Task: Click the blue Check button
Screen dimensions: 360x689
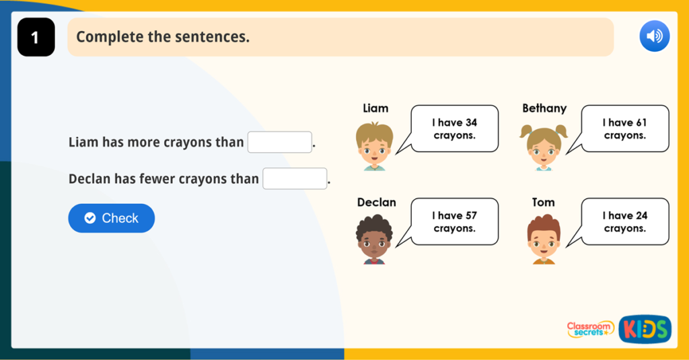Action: pos(111,218)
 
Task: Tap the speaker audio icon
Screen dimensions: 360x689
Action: pos(654,36)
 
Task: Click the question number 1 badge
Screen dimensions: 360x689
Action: pos(36,38)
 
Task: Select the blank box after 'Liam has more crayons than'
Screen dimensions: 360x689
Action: pos(280,143)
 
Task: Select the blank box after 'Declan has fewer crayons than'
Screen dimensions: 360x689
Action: pos(295,179)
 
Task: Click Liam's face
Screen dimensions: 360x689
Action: pos(374,147)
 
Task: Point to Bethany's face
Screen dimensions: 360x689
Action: pos(544,147)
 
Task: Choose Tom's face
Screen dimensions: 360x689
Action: pos(544,240)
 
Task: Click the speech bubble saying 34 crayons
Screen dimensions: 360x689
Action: pos(455,129)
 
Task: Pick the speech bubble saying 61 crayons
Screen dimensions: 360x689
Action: pos(625,129)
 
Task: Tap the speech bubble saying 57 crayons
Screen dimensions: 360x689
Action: pos(455,221)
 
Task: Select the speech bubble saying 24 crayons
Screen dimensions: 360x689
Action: pos(625,221)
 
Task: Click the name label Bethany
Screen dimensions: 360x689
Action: pos(544,108)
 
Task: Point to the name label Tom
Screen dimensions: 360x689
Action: pos(543,202)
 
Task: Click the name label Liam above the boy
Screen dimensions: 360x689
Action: pos(375,108)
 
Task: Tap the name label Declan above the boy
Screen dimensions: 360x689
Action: pos(376,202)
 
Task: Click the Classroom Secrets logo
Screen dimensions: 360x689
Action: pos(590,329)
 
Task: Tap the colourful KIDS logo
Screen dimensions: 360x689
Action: pos(645,329)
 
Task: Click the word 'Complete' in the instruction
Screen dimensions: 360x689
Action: pos(110,37)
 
